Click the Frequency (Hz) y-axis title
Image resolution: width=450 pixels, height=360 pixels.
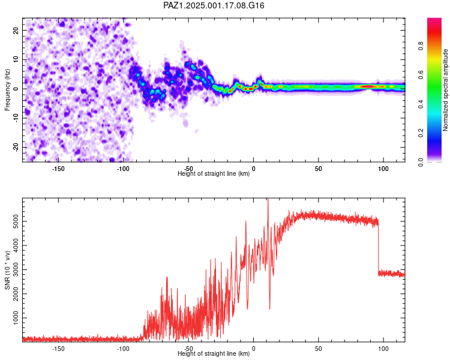(8, 89)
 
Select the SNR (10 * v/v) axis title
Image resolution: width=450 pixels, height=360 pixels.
(8, 269)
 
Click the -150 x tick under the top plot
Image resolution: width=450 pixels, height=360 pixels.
(58, 169)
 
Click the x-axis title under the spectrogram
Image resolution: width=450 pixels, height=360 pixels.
(214, 174)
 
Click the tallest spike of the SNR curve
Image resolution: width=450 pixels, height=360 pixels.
(268, 200)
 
